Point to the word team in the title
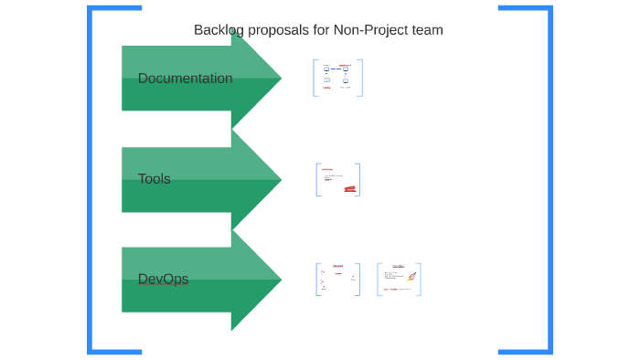pyautogui.click(x=428, y=30)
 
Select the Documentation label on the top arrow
pyautogui.click(x=185, y=79)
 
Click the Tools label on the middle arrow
pyautogui.click(x=154, y=179)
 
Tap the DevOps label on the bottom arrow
pyautogui.click(x=163, y=279)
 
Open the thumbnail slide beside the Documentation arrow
pyautogui.click(x=337, y=78)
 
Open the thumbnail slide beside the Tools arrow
pyautogui.click(x=337, y=179)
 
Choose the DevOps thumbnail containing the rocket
pyautogui.click(x=400, y=280)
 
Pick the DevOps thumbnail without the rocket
pyautogui.click(x=337, y=280)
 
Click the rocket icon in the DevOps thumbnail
pyautogui.click(x=411, y=276)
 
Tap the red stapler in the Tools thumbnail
pyautogui.click(x=349, y=188)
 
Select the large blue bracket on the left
pyautogui.click(x=91, y=179)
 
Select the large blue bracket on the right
pyautogui.click(x=549, y=179)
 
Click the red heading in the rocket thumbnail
pyautogui.click(x=398, y=267)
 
